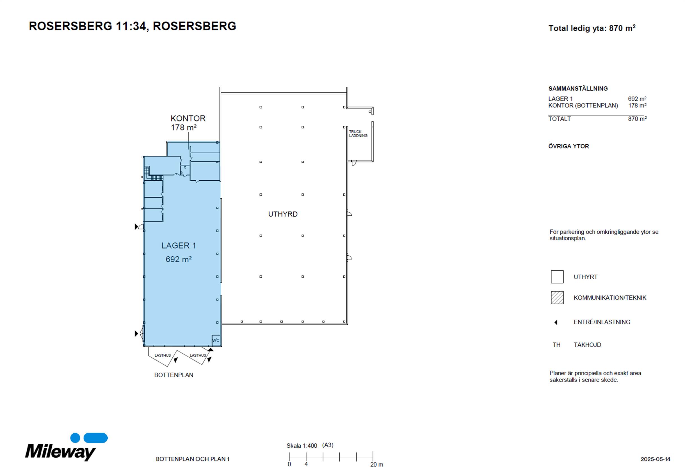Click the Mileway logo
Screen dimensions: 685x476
(x=66, y=447)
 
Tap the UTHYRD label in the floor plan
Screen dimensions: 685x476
(x=283, y=214)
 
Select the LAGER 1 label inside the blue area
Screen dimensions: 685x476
(x=179, y=246)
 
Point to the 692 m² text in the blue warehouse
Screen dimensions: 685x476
(x=179, y=259)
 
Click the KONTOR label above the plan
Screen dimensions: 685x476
(x=188, y=118)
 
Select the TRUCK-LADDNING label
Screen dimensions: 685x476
(x=358, y=134)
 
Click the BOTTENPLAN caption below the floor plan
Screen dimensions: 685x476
(x=174, y=375)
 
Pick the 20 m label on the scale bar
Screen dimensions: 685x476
(x=376, y=464)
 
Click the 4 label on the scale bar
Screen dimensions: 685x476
(x=306, y=464)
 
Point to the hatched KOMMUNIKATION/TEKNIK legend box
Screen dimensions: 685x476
(x=557, y=297)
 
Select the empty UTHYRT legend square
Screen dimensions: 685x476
(x=557, y=277)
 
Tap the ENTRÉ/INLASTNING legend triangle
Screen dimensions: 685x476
(x=556, y=322)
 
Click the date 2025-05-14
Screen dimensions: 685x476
(x=656, y=459)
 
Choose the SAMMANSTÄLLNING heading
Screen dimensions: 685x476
(x=578, y=89)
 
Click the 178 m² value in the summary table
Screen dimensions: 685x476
(x=637, y=105)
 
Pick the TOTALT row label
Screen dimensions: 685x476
(x=560, y=119)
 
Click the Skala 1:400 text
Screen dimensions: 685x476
(x=302, y=446)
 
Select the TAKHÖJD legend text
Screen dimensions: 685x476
(x=587, y=345)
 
